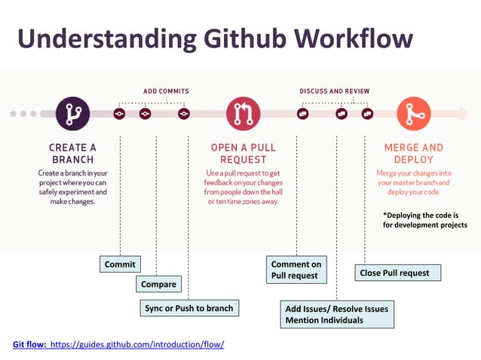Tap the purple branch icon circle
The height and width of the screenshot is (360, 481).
[x=73, y=114]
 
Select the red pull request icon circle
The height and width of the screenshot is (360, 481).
[x=242, y=114]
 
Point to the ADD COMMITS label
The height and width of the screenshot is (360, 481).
[x=166, y=91]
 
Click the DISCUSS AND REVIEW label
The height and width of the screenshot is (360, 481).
[x=334, y=91]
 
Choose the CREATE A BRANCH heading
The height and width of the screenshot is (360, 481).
[x=72, y=154]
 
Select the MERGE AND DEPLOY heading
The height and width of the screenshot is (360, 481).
[x=413, y=154]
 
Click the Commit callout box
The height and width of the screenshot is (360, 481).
[x=120, y=264]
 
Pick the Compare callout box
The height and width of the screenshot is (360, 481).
[x=158, y=284]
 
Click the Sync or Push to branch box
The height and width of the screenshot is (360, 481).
[x=188, y=308]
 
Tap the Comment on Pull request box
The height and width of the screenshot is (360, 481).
[x=296, y=270]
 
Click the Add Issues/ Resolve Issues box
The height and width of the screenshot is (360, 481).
[x=337, y=314]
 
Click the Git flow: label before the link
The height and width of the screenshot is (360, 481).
[x=29, y=344]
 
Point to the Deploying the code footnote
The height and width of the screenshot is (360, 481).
[x=424, y=219]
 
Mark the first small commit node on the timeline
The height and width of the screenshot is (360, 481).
[x=119, y=114]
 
